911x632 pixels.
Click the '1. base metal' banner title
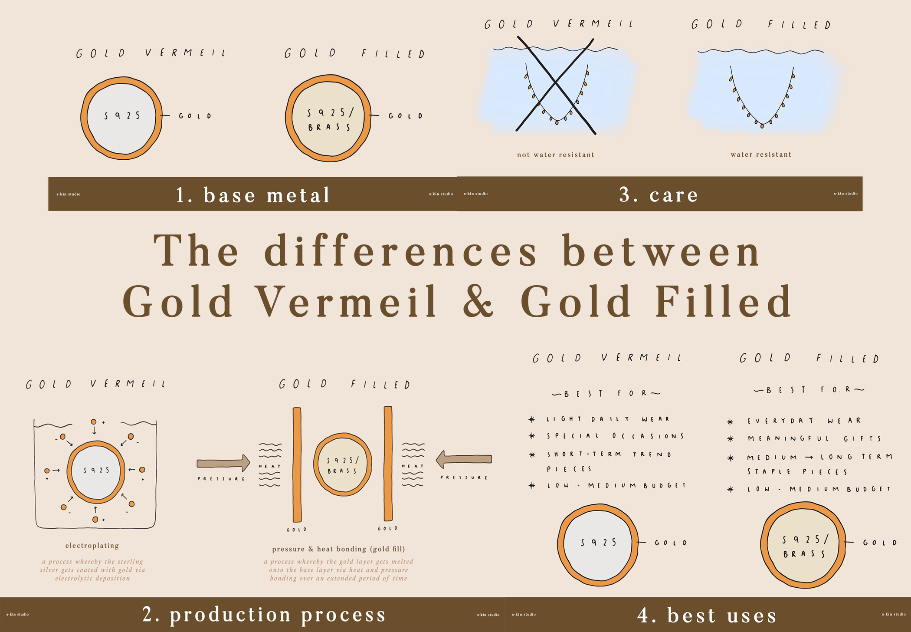pyautogui.click(x=253, y=195)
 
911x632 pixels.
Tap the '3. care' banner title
pyautogui.click(x=659, y=194)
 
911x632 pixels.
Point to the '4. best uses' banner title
pyautogui.click(x=707, y=616)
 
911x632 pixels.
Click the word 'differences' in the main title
pyautogui.click(x=400, y=251)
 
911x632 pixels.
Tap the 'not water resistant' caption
pyautogui.click(x=555, y=155)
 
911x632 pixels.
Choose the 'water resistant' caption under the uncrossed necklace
pyautogui.click(x=761, y=155)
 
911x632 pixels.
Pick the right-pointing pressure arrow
pyautogui.click(x=223, y=463)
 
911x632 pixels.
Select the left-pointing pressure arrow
pyautogui.click(x=464, y=459)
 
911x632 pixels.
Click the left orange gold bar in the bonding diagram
pyautogui.click(x=297, y=464)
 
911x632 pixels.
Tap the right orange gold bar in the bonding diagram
pyautogui.click(x=388, y=463)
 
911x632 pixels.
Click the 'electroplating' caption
pyautogui.click(x=92, y=546)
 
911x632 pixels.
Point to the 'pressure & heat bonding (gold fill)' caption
pyautogui.click(x=338, y=549)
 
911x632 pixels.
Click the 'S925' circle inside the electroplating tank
pyautogui.click(x=96, y=470)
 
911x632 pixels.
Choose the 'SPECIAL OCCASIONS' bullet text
pyautogui.click(x=615, y=436)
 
